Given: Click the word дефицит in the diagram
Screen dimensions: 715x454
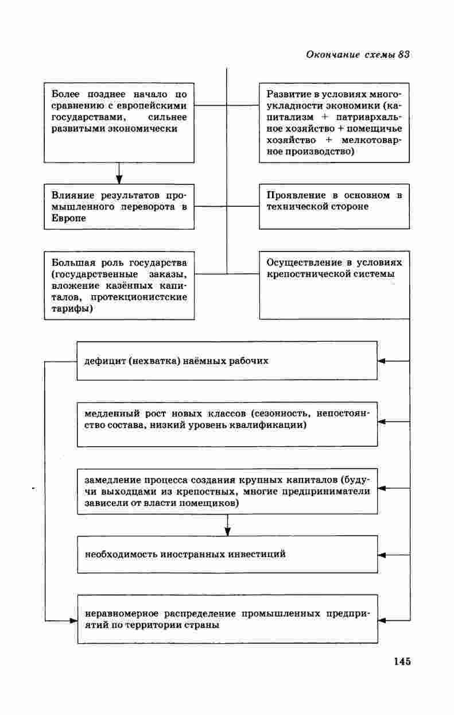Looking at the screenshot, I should [103, 361].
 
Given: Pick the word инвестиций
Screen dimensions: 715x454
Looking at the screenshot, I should [257, 554].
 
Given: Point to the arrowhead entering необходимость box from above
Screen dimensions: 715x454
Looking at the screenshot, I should [228, 531].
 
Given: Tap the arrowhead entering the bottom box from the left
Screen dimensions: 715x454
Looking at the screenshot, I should [73, 621].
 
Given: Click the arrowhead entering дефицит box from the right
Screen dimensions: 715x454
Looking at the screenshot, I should [382, 361].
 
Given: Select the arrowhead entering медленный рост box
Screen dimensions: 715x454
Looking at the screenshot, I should [382, 422].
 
